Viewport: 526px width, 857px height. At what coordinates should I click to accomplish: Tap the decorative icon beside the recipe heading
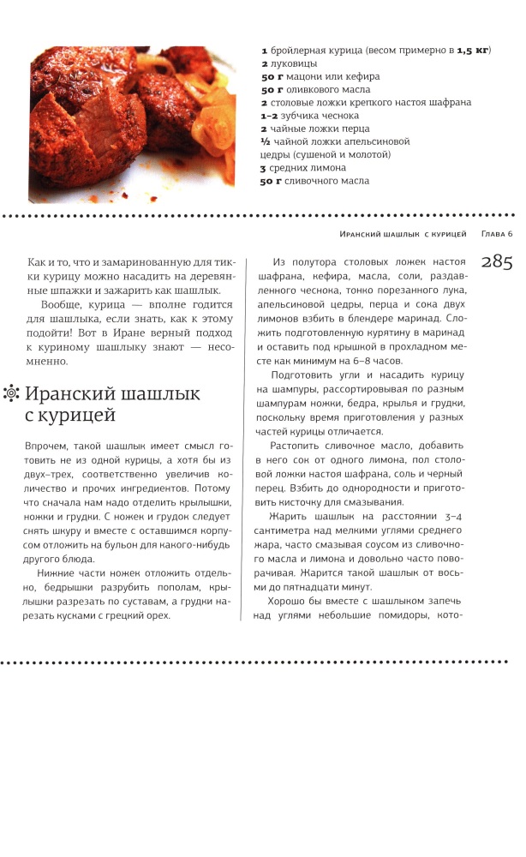(11, 394)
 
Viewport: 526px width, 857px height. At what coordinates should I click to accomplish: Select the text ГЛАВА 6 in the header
(496, 234)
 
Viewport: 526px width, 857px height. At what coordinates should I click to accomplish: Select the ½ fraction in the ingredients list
(266, 141)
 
